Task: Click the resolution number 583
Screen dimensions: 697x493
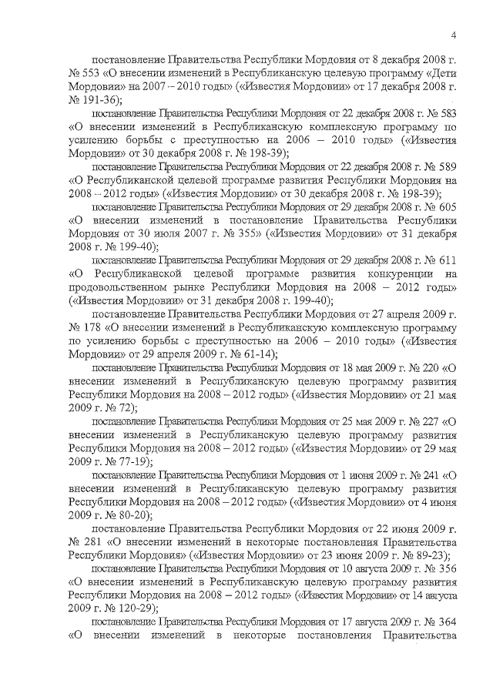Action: pyautogui.click(x=448, y=113)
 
